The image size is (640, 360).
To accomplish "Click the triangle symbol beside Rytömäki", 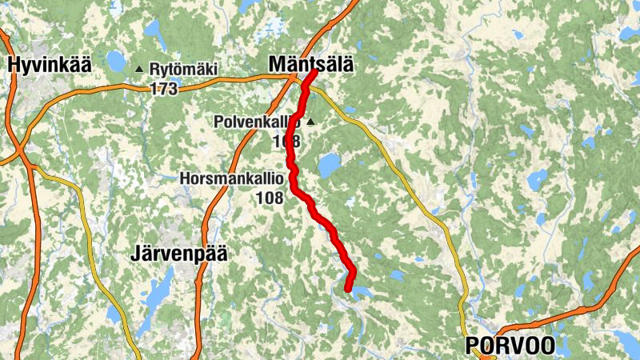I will [x=140, y=70].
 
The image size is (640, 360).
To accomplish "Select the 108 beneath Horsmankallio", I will [x=270, y=196].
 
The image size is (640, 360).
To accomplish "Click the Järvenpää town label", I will [x=178, y=255].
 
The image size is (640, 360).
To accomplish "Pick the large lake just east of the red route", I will [x=329, y=166].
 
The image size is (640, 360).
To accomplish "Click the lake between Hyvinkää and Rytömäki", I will [x=117, y=61].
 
